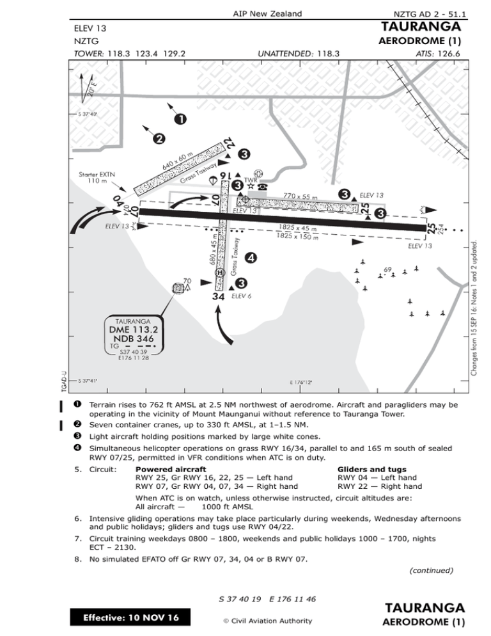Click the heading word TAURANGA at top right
pos(421,28)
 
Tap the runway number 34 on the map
pos(219,297)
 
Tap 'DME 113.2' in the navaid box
pos(133,330)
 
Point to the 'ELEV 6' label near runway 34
pos(241,297)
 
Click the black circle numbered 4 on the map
pos(251,257)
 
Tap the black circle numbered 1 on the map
pos(182,119)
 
